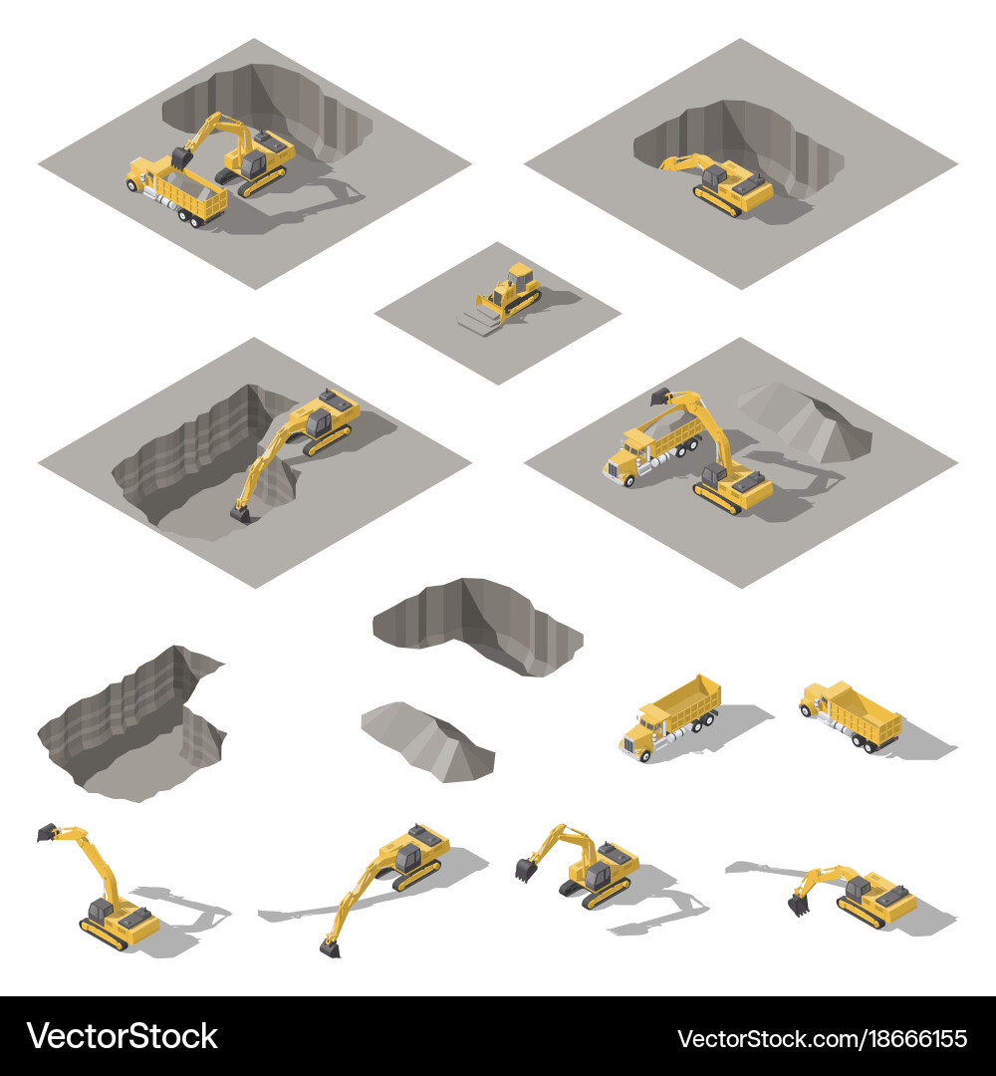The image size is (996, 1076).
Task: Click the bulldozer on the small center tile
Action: (x=510, y=290)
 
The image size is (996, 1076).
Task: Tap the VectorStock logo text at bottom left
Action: (x=122, y=1036)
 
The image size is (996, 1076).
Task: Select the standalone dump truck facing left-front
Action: (x=669, y=715)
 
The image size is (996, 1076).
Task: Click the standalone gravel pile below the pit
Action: (x=426, y=739)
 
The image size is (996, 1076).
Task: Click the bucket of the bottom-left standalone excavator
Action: (x=47, y=831)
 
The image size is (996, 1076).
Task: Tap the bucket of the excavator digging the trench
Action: (x=240, y=513)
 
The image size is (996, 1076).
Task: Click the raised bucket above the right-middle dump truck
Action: (x=660, y=397)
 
